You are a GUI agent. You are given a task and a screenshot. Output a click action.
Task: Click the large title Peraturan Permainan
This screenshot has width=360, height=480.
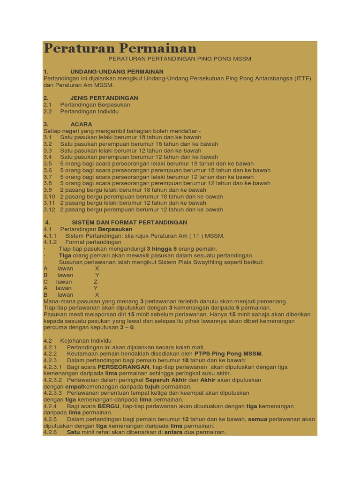click(x=120, y=48)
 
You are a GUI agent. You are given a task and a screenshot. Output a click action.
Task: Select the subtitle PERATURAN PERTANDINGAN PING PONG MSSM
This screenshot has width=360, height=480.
click(x=180, y=59)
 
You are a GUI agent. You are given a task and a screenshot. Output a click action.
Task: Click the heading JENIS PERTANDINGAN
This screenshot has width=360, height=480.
click(x=104, y=98)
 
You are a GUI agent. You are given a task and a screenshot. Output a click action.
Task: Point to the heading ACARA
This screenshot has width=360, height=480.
click(x=81, y=124)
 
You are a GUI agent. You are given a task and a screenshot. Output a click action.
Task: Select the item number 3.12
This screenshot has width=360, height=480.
click(x=49, y=210)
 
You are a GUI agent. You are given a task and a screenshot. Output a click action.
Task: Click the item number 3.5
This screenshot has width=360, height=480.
click(x=48, y=164)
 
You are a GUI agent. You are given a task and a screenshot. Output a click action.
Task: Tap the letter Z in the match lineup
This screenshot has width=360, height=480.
click(x=96, y=282)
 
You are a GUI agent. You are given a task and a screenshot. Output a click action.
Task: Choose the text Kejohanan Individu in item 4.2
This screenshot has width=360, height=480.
click(x=86, y=340)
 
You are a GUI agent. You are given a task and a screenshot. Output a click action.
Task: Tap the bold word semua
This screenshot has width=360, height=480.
click(x=257, y=419)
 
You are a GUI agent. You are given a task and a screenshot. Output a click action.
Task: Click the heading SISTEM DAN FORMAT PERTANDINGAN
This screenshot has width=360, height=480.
click(x=129, y=222)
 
